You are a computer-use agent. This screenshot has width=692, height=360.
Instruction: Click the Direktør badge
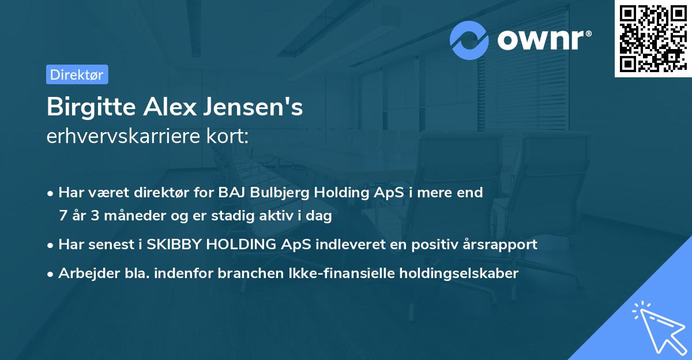tap(77, 74)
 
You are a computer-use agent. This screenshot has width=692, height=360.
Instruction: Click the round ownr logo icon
tap(469, 40)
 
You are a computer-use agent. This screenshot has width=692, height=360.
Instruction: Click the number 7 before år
tap(63, 216)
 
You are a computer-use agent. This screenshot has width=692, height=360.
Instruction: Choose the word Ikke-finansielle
tap(336, 273)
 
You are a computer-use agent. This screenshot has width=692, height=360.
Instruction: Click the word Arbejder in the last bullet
tap(84, 273)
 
